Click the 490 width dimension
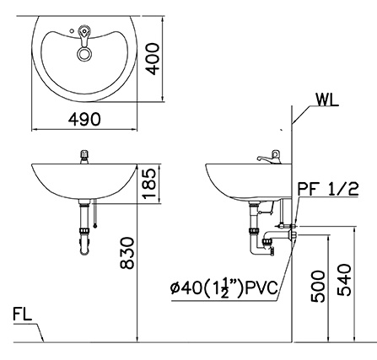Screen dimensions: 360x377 pos(84,121)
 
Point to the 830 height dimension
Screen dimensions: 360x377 pos(127,253)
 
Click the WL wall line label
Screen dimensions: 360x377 pos(328,100)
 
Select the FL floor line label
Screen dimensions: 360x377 pos(22,316)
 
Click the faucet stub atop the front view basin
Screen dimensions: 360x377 pos(83,156)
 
